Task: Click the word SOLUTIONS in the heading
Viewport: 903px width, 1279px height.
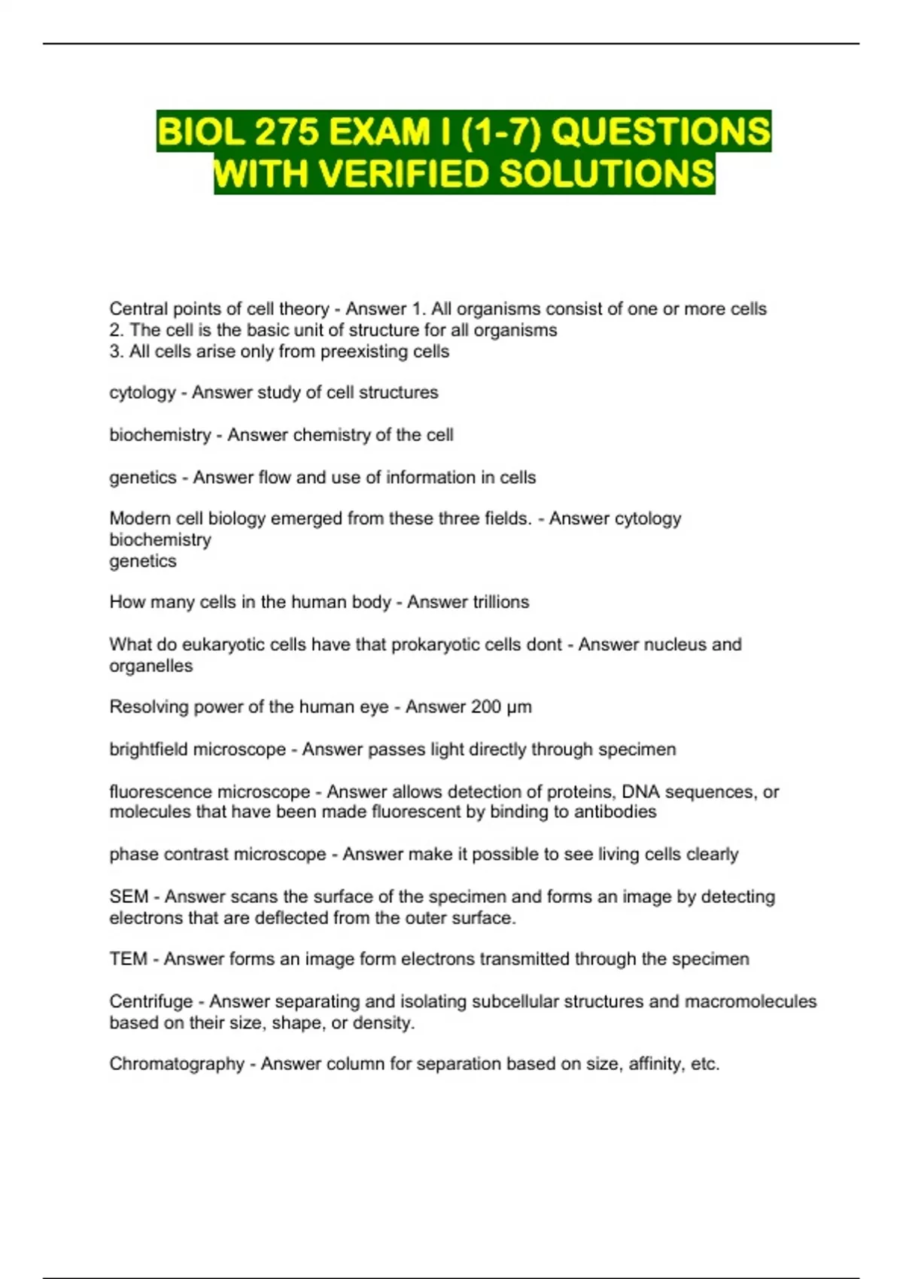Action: (x=607, y=174)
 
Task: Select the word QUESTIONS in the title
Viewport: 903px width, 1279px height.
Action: (x=661, y=132)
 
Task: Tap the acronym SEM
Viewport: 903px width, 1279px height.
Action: (x=129, y=897)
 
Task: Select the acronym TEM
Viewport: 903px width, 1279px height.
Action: (x=128, y=959)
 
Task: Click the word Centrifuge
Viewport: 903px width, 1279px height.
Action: (x=151, y=1001)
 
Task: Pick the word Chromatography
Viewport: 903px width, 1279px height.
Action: (x=177, y=1064)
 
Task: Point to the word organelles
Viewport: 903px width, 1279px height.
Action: (x=151, y=666)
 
